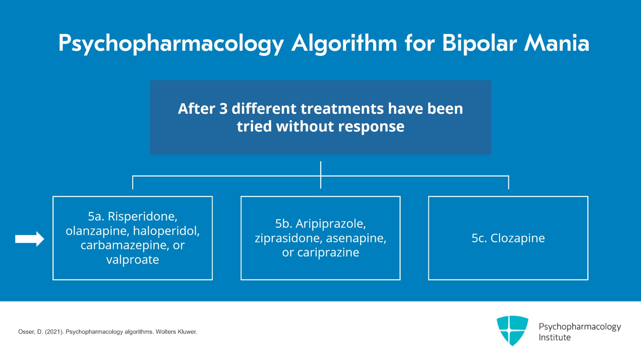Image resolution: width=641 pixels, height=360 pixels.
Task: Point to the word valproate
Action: [x=133, y=260]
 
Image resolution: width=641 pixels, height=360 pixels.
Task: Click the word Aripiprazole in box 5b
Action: [x=331, y=224]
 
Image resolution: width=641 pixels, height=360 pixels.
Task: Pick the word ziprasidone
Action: [x=289, y=238]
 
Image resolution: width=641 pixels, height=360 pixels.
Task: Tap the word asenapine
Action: [x=356, y=238]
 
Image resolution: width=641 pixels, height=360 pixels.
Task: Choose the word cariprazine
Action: [x=328, y=253]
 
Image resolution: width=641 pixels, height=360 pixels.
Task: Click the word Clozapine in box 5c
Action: [x=518, y=238]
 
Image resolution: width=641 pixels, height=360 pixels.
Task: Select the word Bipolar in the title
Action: [x=479, y=43]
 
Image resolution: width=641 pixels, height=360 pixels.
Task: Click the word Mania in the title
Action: [x=557, y=43]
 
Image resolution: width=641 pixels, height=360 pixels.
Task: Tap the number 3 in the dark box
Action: [x=223, y=109]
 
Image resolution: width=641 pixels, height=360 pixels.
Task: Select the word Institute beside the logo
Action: [x=554, y=338]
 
